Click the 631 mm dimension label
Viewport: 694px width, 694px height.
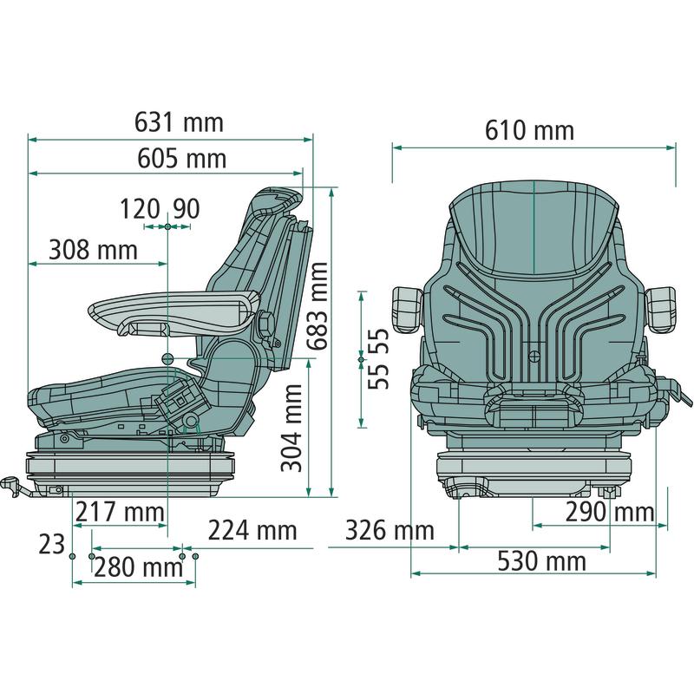click(180, 122)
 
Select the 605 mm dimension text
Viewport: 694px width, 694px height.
click(182, 158)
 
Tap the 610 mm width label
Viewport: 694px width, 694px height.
click(529, 131)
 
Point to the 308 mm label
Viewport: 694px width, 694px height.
click(94, 250)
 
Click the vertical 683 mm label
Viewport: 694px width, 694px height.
click(318, 306)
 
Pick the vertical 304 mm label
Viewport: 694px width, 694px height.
click(291, 428)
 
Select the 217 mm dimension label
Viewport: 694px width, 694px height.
click(120, 512)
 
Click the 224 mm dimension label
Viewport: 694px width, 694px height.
click(252, 530)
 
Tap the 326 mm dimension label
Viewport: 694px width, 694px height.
click(390, 530)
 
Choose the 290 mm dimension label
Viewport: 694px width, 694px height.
click(610, 512)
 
